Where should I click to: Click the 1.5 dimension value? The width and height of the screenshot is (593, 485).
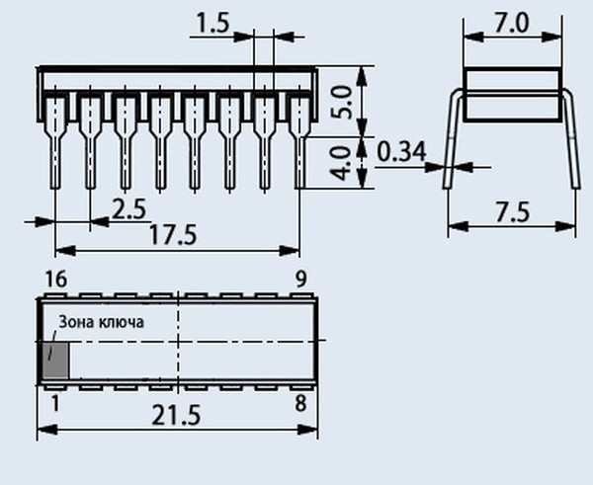click(212, 24)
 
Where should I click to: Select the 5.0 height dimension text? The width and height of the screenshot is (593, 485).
click(342, 102)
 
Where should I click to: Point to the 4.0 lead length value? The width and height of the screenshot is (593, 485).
click(341, 163)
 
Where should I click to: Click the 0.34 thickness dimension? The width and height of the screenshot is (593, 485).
click(401, 151)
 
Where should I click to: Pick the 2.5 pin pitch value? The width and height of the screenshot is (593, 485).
click(128, 209)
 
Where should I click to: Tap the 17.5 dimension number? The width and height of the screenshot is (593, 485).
click(173, 234)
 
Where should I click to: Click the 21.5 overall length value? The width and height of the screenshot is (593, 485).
click(176, 414)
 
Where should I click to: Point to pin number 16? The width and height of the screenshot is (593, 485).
click(56, 280)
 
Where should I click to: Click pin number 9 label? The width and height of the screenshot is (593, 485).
click(300, 280)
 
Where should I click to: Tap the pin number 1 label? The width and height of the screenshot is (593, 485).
click(55, 404)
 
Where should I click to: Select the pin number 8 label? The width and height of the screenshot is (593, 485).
click(300, 403)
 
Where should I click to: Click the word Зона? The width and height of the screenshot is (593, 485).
click(76, 322)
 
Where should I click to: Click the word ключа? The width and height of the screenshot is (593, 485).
click(122, 322)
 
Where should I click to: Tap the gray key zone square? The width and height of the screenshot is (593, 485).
click(55, 360)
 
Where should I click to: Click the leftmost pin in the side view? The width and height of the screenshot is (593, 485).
click(55, 142)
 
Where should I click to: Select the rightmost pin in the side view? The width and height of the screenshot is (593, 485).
click(299, 142)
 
